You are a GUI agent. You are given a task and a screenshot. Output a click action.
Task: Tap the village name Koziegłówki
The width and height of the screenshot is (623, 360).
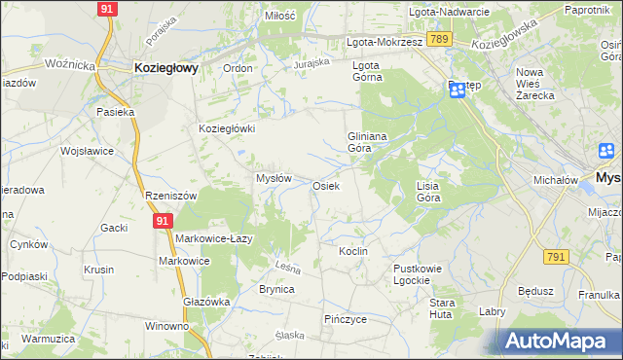click(x=227, y=128)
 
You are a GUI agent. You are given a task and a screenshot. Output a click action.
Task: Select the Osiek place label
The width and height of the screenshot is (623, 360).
click(x=325, y=186)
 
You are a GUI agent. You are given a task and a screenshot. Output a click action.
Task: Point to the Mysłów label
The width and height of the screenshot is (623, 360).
click(x=274, y=178)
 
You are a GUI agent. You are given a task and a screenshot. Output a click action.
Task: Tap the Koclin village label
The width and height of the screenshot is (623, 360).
click(x=352, y=251)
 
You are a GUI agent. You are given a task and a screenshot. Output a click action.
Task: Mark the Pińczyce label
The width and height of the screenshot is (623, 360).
click(x=345, y=318)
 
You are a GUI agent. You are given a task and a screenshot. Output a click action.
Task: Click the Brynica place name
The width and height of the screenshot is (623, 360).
click(x=276, y=289)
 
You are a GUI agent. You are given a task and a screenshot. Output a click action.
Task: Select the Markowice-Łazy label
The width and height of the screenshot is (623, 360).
click(x=215, y=239)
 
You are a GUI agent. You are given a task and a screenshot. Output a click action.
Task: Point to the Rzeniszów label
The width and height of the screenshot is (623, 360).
click(x=170, y=196)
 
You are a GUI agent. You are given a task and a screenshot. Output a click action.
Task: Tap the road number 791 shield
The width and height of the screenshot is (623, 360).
click(x=556, y=256)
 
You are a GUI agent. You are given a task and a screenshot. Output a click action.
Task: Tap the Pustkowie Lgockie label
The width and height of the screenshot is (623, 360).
click(x=418, y=273)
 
